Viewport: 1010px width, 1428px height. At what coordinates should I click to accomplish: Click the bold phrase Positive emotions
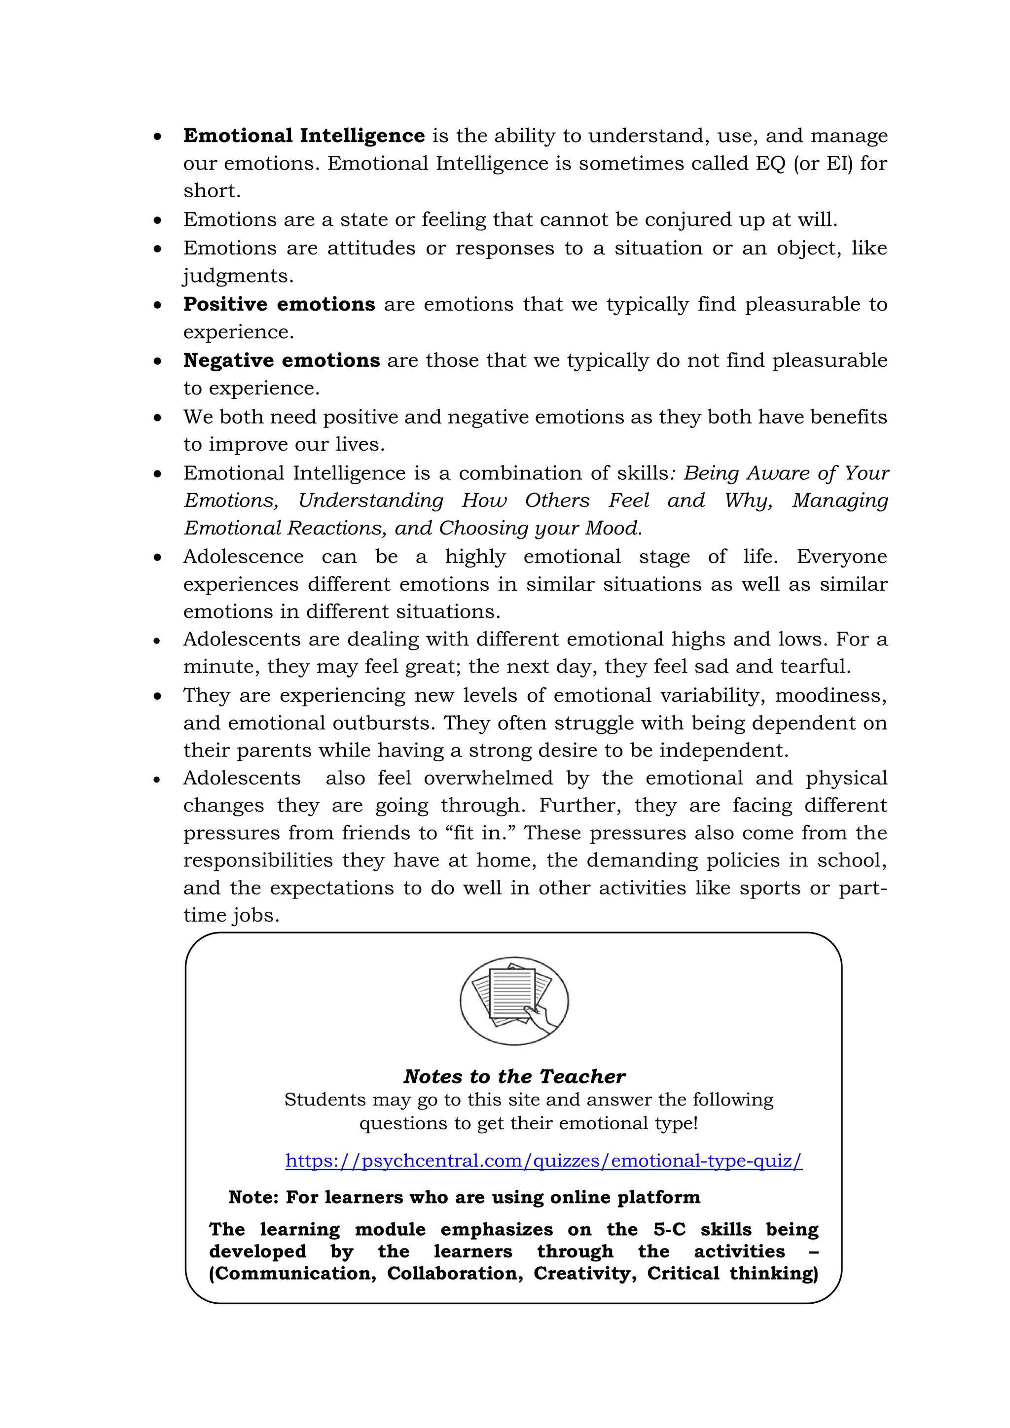point(279,304)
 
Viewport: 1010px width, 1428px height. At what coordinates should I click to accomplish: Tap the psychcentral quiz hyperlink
point(543,1161)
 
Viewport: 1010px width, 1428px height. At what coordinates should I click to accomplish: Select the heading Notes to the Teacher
point(514,1076)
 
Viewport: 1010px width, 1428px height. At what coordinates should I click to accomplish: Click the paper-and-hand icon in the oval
point(514,1000)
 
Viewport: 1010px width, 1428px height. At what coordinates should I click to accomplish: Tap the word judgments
point(238,276)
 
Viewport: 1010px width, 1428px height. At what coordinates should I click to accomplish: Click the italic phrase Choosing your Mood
point(540,528)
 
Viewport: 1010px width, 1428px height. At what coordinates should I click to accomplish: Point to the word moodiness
point(831,695)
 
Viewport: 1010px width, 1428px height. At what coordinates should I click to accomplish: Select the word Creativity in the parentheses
point(584,1273)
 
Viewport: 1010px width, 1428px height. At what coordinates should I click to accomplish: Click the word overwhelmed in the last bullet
point(488,778)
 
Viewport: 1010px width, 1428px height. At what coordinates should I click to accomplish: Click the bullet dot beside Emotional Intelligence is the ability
point(158,136)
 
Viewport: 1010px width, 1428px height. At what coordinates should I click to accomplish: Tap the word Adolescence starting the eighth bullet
point(243,556)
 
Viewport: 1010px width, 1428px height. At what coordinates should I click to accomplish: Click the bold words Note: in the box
point(254,1197)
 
